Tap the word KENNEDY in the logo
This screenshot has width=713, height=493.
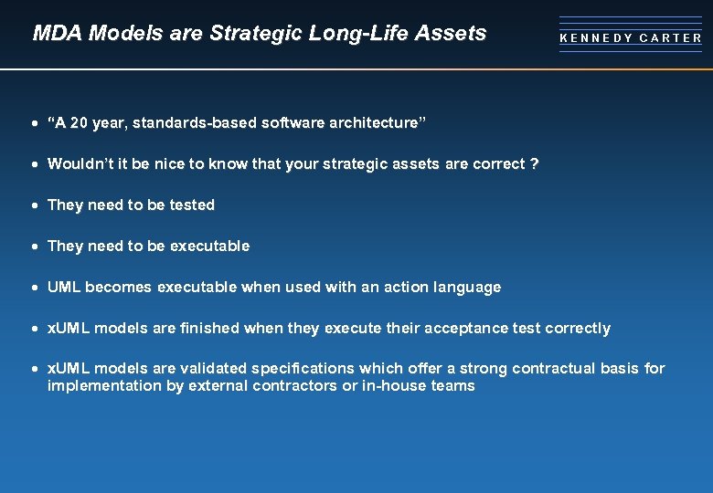(596, 38)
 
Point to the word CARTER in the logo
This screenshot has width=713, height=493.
(671, 38)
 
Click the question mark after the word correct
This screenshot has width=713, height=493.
(535, 164)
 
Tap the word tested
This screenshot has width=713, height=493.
(192, 205)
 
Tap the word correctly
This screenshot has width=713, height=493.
(577, 329)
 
